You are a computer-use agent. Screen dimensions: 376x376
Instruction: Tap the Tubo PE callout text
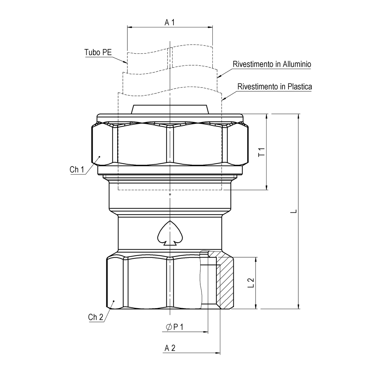[98, 52]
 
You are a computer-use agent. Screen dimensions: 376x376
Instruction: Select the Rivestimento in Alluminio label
[272, 64]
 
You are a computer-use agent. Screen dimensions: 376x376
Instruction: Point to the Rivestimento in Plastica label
[274, 86]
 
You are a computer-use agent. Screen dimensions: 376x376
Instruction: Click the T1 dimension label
[261, 152]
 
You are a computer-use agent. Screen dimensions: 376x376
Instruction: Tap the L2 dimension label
[251, 282]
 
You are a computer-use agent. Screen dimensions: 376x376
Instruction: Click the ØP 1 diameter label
[174, 327]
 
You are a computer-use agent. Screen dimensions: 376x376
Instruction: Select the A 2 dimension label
[170, 348]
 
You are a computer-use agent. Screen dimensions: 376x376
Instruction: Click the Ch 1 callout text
[77, 169]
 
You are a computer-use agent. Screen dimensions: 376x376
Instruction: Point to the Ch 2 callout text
[96, 317]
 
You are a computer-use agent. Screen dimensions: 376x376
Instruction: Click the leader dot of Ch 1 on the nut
[99, 156]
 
